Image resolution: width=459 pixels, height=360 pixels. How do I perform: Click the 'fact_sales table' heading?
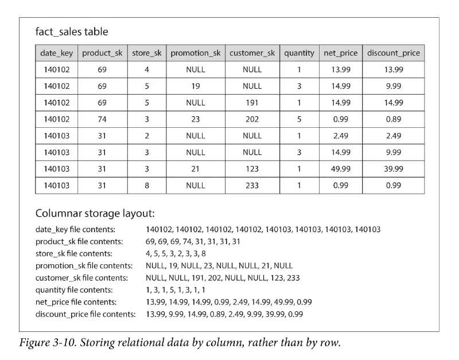[72, 32]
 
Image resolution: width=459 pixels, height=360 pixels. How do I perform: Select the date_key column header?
[56, 53]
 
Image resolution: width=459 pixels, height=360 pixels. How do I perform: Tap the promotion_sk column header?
[195, 53]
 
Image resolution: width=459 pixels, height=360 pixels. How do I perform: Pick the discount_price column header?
[394, 53]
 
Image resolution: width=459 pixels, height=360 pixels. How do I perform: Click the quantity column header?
[299, 53]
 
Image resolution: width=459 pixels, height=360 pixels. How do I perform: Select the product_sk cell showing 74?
[102, 119]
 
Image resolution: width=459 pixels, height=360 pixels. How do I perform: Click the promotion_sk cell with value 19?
[195, 86]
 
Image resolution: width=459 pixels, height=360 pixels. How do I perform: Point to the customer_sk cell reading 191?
[252, 103]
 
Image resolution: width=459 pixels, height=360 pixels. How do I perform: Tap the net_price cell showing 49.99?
[340, 169]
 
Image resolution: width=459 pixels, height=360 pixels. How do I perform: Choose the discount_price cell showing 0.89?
[394, 119]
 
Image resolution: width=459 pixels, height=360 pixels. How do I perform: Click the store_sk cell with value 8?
[147, 186]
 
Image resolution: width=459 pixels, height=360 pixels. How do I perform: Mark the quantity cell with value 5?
[299, 119]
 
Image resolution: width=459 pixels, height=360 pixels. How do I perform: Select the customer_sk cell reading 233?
[252, 186]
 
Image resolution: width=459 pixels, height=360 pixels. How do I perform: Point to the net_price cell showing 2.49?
[340, 136]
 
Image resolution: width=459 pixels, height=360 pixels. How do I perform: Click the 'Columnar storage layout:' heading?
[95, 213]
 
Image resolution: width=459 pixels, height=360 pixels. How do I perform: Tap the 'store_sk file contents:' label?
[74, 253]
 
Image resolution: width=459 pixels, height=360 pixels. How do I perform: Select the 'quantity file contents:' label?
[74, 289]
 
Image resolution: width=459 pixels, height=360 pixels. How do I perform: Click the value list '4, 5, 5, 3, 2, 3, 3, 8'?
[176, 253]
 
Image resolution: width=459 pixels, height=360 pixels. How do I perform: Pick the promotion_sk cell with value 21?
[195, 169]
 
